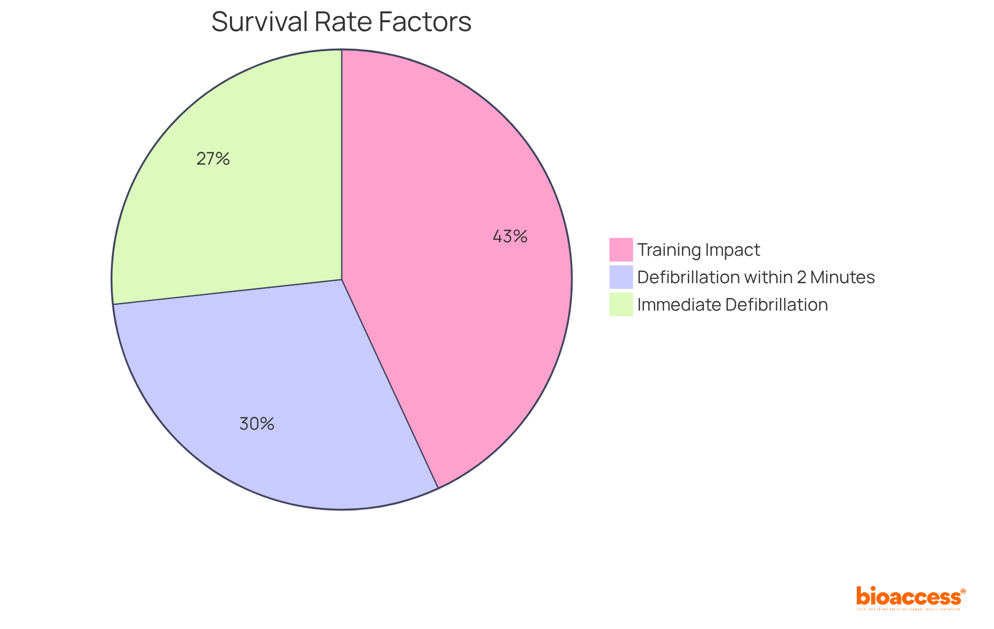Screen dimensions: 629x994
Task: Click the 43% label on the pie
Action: [x=510, y=237]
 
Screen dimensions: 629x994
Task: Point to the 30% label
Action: [x=257, y=425]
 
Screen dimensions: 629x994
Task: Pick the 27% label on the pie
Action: [x=213, y=159]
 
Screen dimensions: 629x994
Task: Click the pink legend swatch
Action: [x=621, y=250]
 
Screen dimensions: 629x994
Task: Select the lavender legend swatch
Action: [x=621, y=277]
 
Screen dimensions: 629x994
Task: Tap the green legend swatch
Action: [x=621, y=304]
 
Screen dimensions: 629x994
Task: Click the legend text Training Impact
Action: [x=698, y=250]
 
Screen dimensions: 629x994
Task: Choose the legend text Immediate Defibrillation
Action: [x=733, y=305]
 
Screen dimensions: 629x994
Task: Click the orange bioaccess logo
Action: [x=908, y=597]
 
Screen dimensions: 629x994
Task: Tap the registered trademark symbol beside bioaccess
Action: [x=963, y=591]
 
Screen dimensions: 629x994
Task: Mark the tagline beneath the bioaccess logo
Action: [x=909, y=610]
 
